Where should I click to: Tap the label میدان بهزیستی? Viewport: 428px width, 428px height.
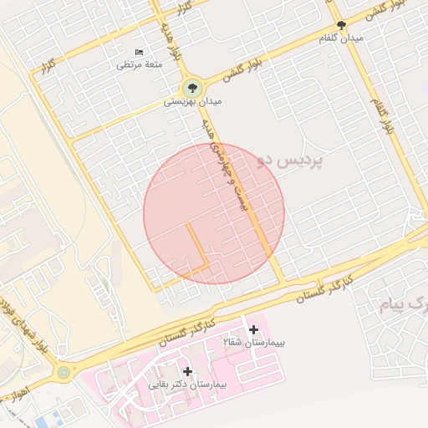(191, 102)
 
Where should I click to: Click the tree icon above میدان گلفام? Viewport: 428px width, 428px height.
(341, 25)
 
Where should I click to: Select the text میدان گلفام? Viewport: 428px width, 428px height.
(341, 38)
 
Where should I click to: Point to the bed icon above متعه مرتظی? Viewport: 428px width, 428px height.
(139, 52)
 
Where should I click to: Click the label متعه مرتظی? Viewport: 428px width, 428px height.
(140, 64)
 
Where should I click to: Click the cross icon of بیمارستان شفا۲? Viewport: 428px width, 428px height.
(253, 331)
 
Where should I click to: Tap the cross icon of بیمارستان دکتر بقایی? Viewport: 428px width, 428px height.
(187, 371)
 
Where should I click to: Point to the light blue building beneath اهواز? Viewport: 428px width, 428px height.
(47, 417)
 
